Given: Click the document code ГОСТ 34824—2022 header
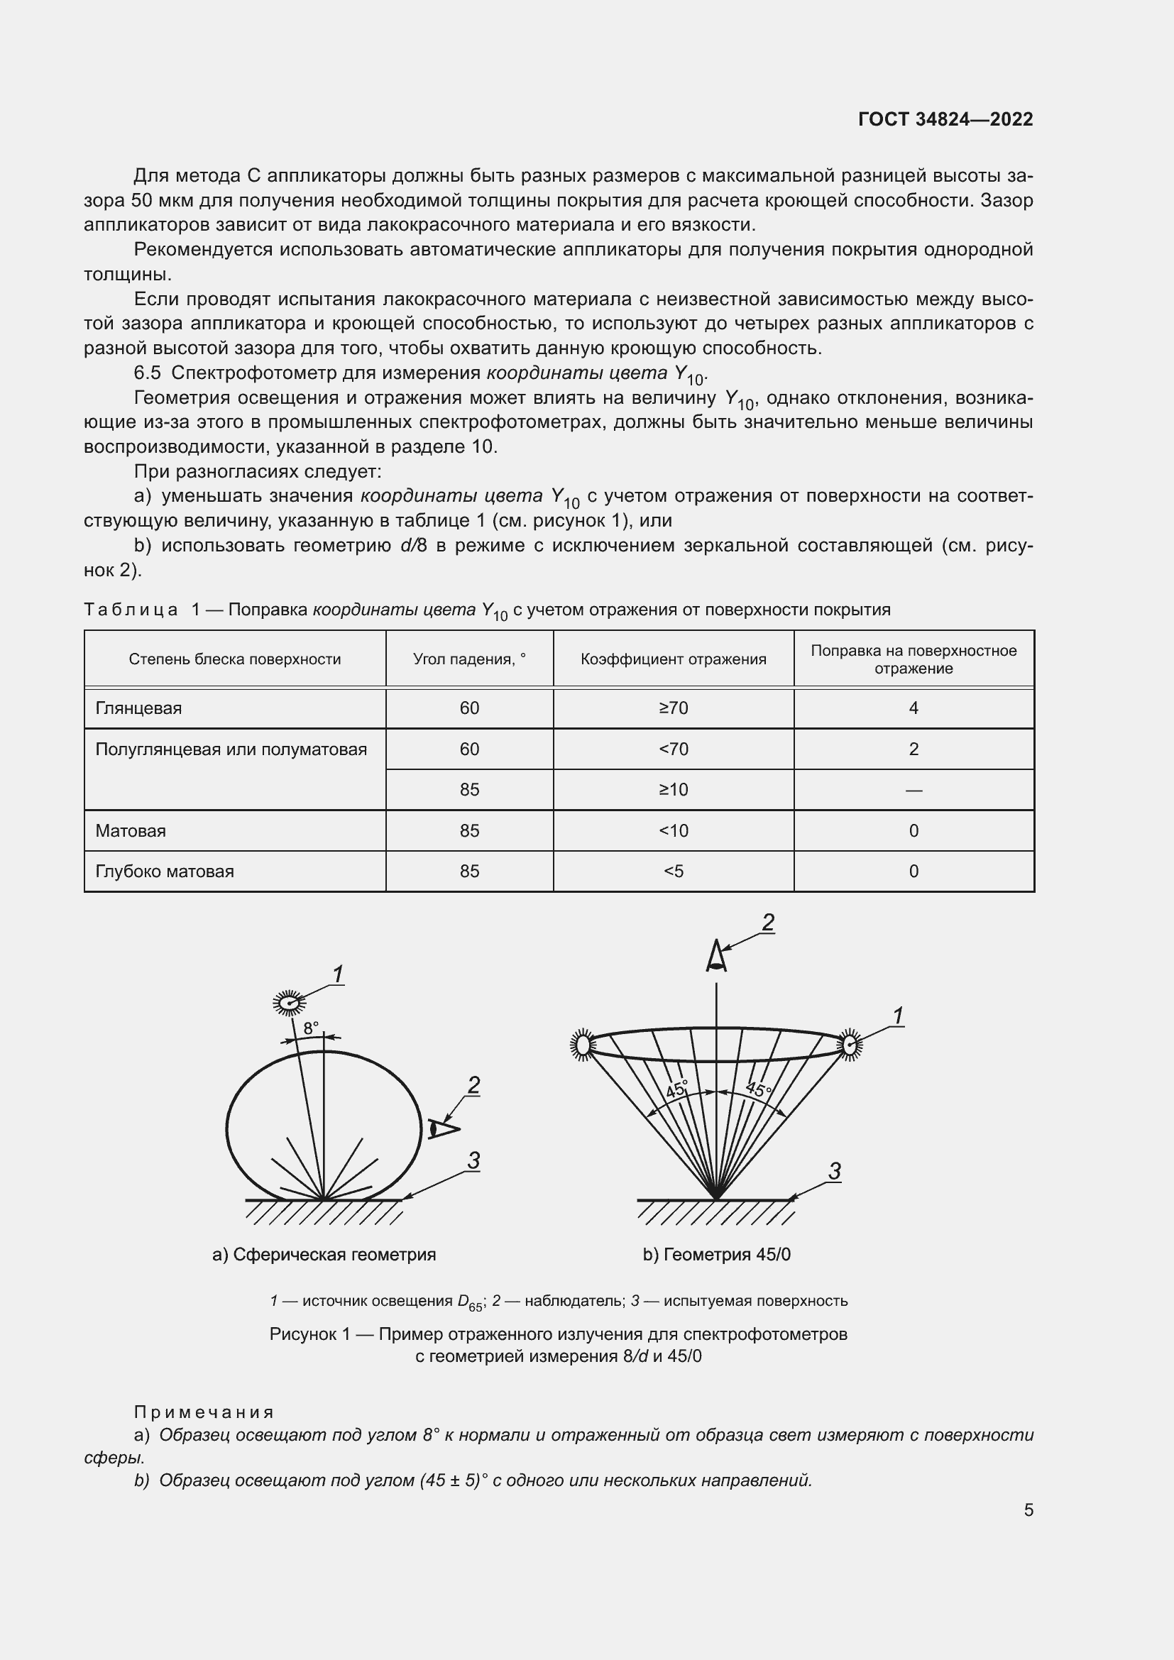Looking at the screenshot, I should point(945,119).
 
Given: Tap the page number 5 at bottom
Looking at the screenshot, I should point(1028,1510).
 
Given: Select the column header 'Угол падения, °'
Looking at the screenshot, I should point(469,659).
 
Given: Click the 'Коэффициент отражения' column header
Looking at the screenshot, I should point(673,659).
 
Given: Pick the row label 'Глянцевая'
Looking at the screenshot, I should point(139,708).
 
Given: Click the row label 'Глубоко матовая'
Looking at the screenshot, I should point(165,872).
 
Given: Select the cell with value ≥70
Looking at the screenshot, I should point(673,708).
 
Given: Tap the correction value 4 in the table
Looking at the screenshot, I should point(913,708).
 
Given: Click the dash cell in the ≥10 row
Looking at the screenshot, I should point(913,790).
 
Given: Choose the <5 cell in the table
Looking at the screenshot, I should point(673,872).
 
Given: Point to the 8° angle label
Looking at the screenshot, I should point(311,1028).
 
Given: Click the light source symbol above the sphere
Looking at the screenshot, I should point(289,1003).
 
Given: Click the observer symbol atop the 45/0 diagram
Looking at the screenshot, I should point(715,957).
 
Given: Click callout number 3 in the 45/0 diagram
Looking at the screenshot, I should point(834,1172).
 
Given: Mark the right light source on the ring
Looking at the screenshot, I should point(850,1045).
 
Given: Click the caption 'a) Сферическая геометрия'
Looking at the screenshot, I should point(324,1254).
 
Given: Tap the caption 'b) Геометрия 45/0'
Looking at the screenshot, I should point(716,1254).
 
